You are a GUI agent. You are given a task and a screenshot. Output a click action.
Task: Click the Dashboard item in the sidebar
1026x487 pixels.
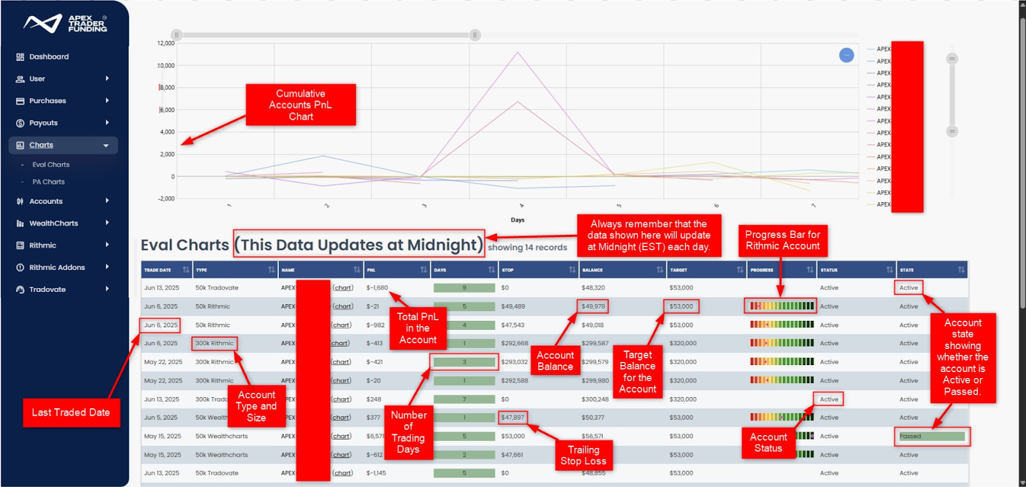pos(49,56)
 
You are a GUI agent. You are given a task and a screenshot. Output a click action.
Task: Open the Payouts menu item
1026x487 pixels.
pos(44,123)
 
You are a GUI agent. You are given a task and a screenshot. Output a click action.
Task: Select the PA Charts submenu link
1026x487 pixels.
pos(49,182)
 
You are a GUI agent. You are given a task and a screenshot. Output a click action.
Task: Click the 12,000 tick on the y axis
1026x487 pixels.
pos(165,43)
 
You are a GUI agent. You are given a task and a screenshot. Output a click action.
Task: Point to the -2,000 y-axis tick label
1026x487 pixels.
pos(166,198)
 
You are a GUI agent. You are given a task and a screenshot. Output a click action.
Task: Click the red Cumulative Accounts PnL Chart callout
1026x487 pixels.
pos(301,105)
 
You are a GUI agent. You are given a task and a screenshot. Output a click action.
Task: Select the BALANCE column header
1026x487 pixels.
pos(593,270)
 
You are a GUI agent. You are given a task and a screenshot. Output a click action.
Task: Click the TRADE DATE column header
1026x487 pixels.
pos(158,270)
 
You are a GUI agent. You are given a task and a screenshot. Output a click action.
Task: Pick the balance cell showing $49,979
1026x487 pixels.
pos(593,306)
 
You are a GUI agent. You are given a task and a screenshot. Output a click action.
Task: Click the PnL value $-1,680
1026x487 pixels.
pos(377,287)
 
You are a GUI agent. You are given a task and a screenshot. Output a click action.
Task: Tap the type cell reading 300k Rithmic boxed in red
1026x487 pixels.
pos(215,343)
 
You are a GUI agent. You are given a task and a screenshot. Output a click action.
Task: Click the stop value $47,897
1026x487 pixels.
pos(513,417)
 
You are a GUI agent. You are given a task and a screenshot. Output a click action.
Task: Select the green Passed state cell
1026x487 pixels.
pos(932,436)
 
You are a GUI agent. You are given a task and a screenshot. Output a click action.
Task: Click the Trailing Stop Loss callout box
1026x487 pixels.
pos(583,455)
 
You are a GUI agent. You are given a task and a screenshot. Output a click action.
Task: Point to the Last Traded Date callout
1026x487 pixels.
pos(71,413)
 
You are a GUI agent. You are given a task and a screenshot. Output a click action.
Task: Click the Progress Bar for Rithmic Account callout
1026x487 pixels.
pos(782,240)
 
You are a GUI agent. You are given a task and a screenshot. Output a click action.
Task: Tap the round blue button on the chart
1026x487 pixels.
pos(846,55)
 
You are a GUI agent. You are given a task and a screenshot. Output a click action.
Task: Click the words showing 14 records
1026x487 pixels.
pos(528,247)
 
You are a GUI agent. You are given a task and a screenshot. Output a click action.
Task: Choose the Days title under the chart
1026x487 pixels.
pos(517,219)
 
